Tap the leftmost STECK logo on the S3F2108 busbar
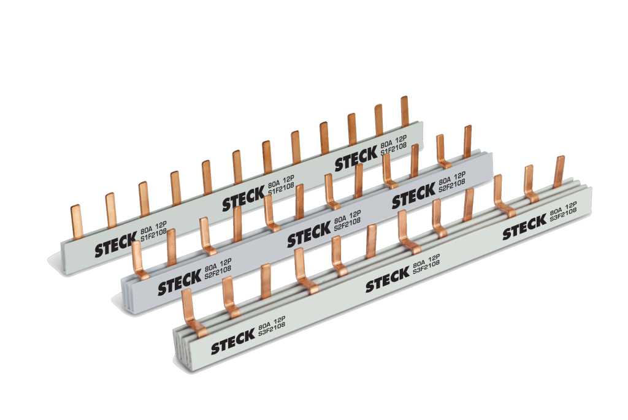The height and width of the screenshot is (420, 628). pos(231,345)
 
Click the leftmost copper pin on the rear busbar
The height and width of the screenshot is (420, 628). pos(76,222)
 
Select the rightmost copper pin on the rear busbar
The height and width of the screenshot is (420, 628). pos(405,110)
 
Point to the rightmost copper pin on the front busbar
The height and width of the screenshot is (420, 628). pos(559,171)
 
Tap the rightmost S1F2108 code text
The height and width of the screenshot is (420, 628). pos(392,150)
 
